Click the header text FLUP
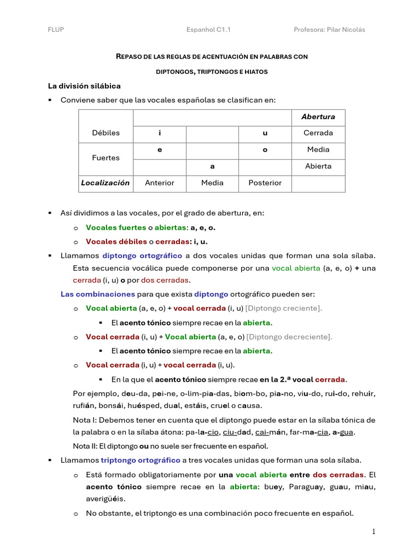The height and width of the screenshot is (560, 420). click(56, 30)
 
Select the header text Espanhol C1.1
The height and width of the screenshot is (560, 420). click(208, 30)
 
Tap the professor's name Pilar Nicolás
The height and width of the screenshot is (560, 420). click(346, 30)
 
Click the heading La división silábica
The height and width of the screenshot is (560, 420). click(84, 86)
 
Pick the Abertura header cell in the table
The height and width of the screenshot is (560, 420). click(318, 116)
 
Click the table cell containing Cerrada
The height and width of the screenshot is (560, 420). click(318, 133)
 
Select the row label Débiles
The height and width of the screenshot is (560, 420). click(106, 133)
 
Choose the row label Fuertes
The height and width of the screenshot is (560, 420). click(106, 157)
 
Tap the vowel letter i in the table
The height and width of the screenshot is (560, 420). click(160, 133)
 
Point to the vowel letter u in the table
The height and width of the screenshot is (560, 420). click(265, 133)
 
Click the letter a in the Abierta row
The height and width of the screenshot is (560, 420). click(212, 166)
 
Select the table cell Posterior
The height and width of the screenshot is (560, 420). click(265, 183)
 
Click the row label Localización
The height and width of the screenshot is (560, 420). click(106, 183)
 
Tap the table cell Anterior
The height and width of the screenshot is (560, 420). click(160, 183)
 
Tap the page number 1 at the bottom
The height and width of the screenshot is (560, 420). click(374, 532)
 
